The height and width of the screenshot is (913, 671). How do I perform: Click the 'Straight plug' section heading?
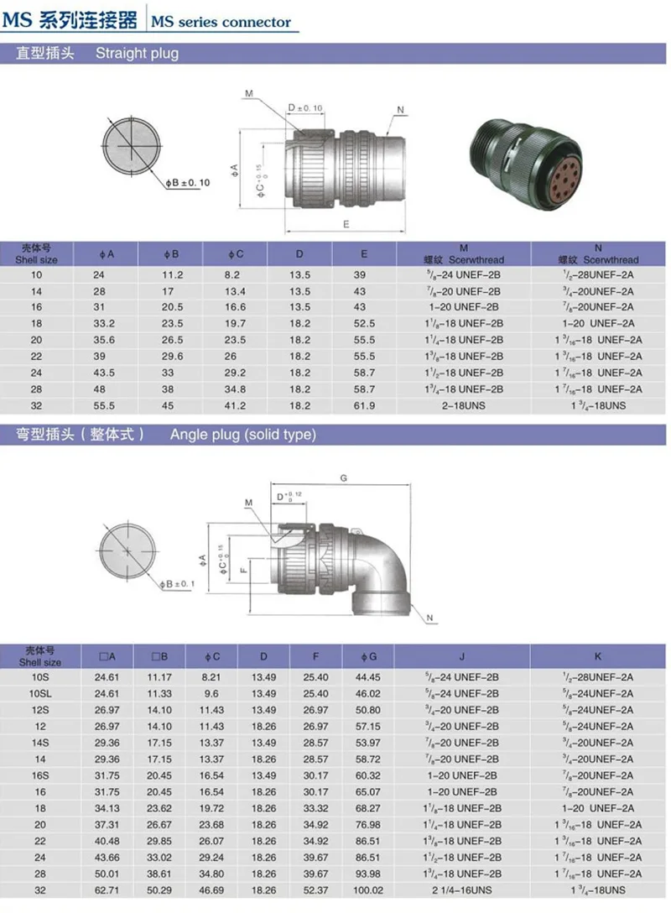137,54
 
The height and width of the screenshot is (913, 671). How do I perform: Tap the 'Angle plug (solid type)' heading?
242,434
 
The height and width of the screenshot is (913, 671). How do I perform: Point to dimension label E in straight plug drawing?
346,222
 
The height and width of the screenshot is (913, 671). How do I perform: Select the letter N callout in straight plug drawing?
400,110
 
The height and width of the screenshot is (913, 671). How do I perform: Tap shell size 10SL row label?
39,693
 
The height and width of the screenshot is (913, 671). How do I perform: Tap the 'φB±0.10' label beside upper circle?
187,182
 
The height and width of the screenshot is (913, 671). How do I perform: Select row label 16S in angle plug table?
39,775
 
